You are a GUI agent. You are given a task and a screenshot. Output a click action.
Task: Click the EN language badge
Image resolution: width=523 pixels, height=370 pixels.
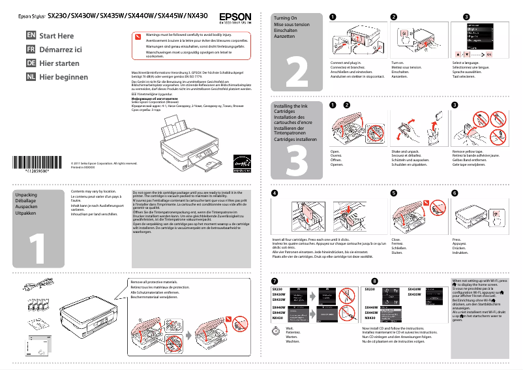(x=31, y=35)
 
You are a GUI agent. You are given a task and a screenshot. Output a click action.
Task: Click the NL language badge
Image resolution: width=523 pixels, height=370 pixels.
(x=31, y=76)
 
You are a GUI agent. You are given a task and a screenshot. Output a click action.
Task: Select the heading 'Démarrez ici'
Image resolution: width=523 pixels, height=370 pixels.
(x=61, y=49)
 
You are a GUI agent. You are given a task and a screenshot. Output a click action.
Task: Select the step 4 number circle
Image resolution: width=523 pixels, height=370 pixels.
(x=275, y=193)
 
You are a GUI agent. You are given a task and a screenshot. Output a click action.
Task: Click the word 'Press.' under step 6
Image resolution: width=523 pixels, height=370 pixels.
(x=456, y=239)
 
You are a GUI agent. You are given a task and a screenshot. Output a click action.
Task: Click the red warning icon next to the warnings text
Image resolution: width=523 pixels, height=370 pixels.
(x=137, y=37)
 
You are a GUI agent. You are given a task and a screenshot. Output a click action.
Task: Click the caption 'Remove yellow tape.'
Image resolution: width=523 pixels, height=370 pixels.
(x=468, y=151)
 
